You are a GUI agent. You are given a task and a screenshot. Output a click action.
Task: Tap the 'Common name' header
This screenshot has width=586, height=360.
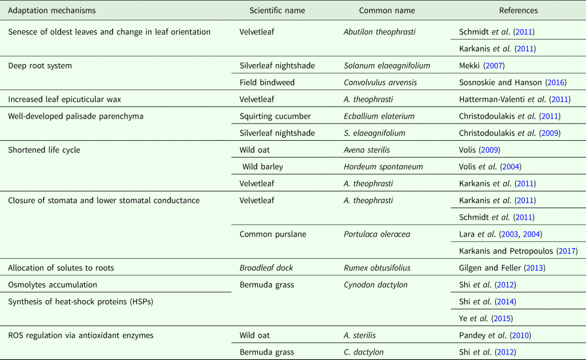point(387,10)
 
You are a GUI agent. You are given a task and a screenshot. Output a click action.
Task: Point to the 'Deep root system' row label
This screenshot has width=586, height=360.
point(38,65)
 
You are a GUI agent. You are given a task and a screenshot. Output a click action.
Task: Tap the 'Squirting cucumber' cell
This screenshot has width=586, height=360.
point(275,116)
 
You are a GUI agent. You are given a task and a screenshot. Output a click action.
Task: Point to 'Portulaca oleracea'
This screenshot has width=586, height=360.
point(376,234)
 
